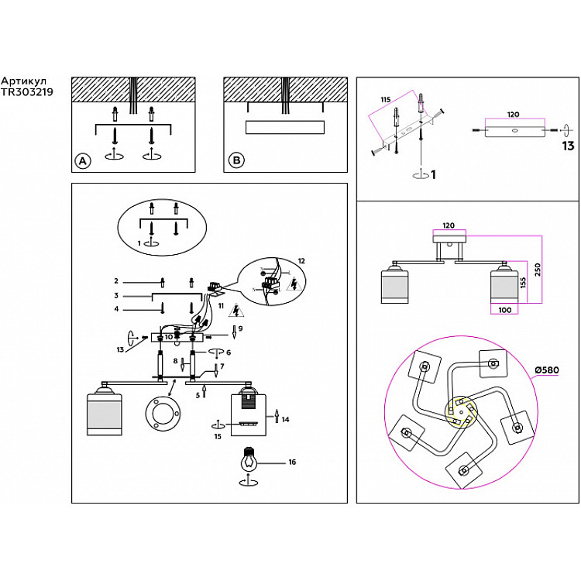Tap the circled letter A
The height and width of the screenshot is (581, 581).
click(81, 161)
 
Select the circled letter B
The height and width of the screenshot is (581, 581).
click(234, 161)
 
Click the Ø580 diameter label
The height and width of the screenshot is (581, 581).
click(546, 370)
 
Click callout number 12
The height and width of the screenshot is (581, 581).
click(301, 260)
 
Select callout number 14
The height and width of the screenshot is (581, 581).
click(285, 419)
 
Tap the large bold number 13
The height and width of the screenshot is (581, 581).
click(568, 146)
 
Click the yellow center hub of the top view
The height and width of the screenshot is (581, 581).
click(460, 413)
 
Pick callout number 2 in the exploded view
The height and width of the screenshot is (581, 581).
click(115, 280)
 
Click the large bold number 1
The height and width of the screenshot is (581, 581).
click(432, 176)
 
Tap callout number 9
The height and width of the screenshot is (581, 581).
click(240, 328)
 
